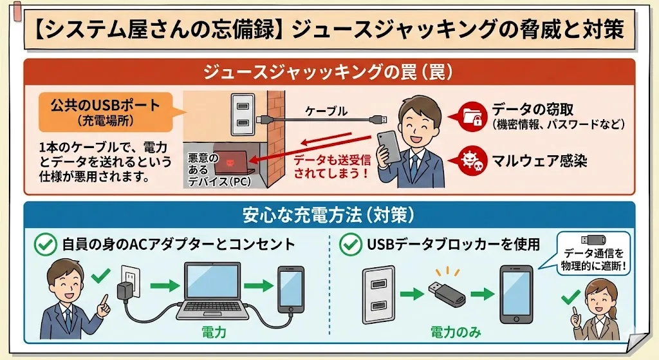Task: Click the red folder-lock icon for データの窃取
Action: [x=474, y=115]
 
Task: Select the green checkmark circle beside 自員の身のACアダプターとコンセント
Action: [x=45, y=245]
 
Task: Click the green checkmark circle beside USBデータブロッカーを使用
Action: [x=350, y=245]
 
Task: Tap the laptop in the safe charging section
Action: [x=213, y=290]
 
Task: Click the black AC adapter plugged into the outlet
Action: [x=124, y=291]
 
